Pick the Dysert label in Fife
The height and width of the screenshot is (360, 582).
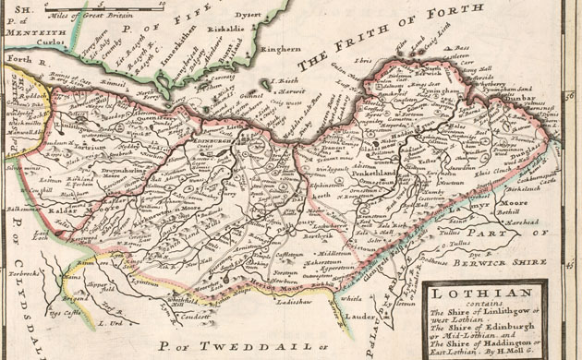(272, 14)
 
